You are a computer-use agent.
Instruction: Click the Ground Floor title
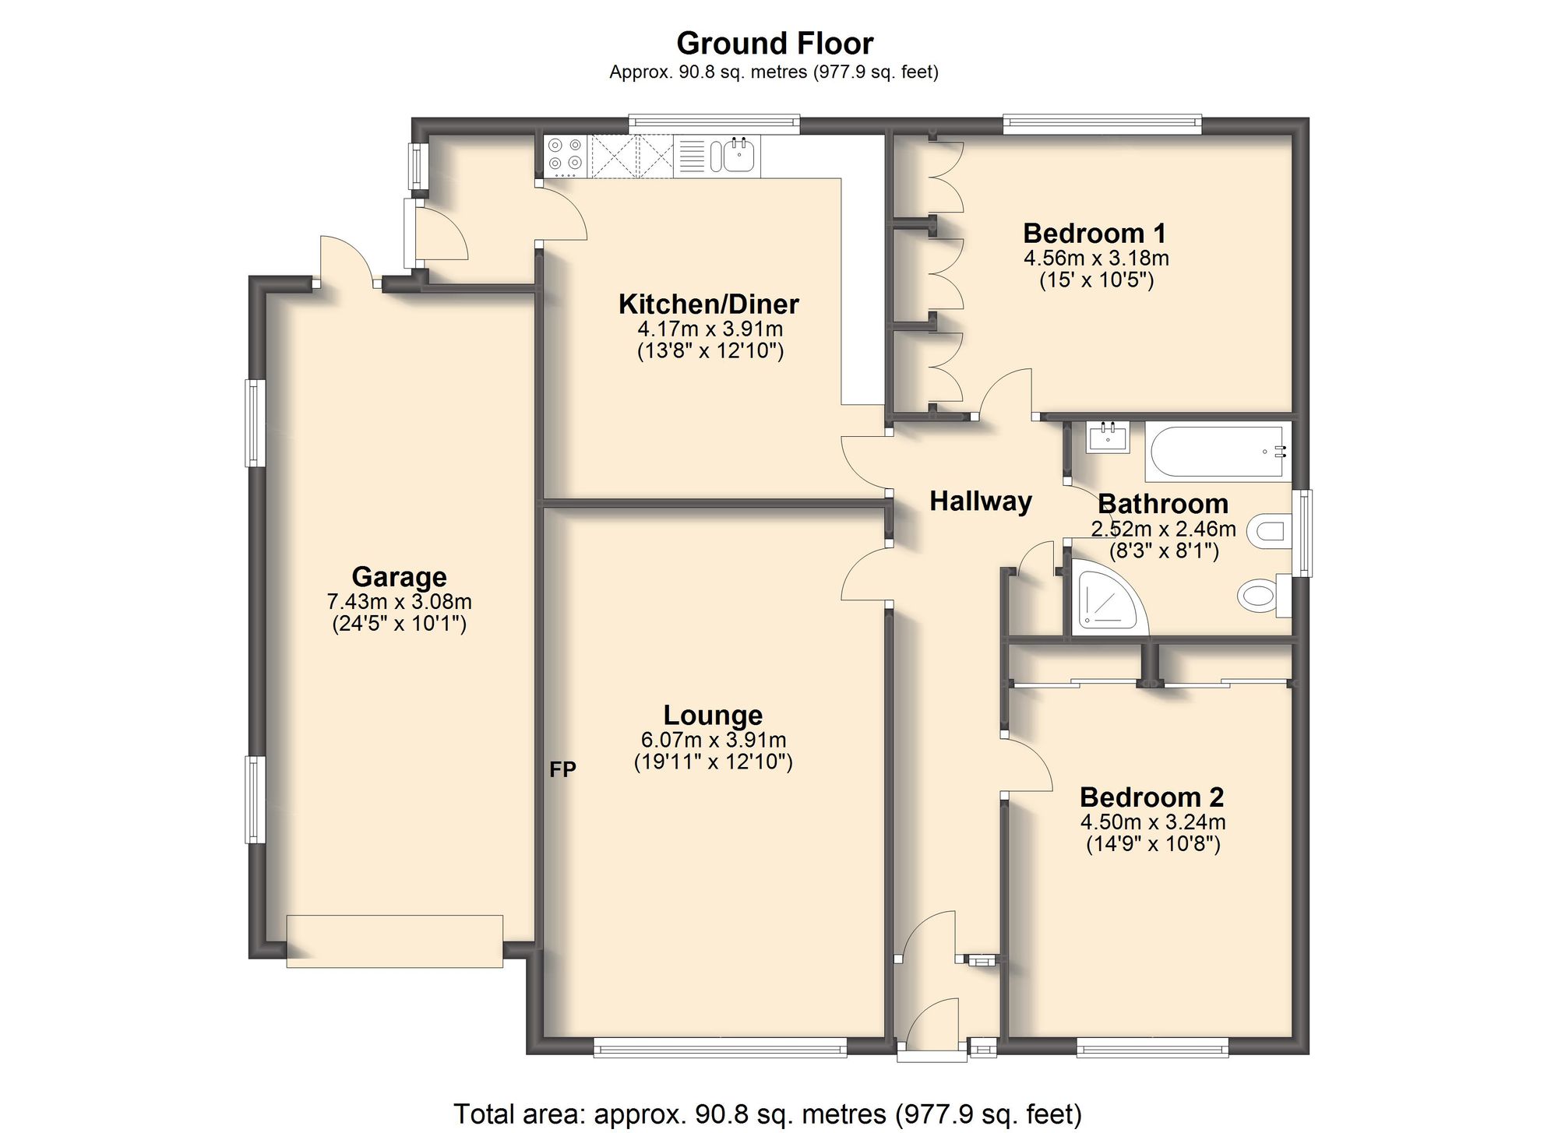point(774,43)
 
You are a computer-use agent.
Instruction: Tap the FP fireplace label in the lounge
point(562,769)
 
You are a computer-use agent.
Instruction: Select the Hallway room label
point(980,501)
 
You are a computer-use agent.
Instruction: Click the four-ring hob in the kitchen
point(565,153)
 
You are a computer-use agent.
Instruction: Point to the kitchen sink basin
point(738,154)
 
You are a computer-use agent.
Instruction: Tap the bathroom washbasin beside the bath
point(1107,438)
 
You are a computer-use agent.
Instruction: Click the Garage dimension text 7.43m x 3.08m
point(399,601)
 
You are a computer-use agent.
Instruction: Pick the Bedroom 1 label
point(1094,233)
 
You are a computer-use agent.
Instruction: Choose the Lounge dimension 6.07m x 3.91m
point(713,739)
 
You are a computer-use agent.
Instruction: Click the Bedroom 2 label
point(1151,797)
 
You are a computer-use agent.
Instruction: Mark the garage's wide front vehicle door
point(394,941)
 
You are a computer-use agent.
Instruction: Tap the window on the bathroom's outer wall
point(1302,533)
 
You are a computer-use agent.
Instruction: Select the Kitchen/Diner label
point(709,304)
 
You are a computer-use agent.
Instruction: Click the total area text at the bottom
point(767,1114)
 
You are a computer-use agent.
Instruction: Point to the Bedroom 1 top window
point(1102,122)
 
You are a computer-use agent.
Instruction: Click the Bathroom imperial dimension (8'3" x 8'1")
point(1164,551)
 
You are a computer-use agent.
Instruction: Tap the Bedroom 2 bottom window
point(1152,1047)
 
